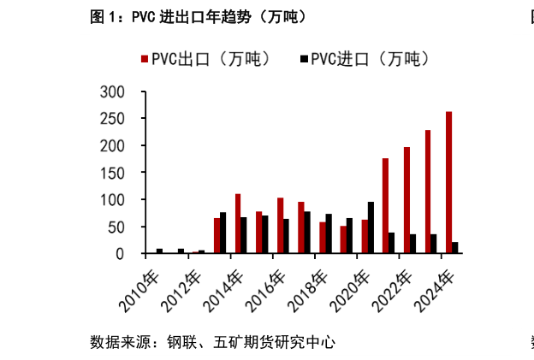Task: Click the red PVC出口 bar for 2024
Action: coord(449,183)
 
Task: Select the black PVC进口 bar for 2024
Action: coord(455,248)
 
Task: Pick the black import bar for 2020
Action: coord(371,228)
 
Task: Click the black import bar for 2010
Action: coord(159,251)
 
